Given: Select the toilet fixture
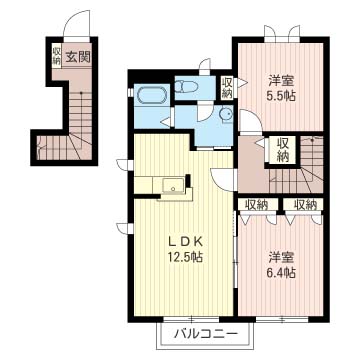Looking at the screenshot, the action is [187, 87].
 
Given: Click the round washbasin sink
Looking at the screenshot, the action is [226, 114].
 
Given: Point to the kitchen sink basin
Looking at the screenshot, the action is [173, 185].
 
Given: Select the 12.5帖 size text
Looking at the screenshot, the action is [186, 257].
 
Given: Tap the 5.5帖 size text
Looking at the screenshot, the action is [282, 96].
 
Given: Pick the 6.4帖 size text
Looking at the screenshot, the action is [282, 273].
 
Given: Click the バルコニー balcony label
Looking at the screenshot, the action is [206, 334].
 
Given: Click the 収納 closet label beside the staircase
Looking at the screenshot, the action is [283, 150].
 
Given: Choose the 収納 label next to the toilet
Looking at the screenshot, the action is [227, 87].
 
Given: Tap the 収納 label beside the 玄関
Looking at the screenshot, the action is [56, 56].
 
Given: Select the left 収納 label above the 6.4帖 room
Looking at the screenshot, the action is [257, 205].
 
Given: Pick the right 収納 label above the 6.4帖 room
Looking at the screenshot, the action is [305, 205].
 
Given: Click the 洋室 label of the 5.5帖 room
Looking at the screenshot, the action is [282, 81].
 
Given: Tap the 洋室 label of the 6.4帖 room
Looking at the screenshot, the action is [282, 258].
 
